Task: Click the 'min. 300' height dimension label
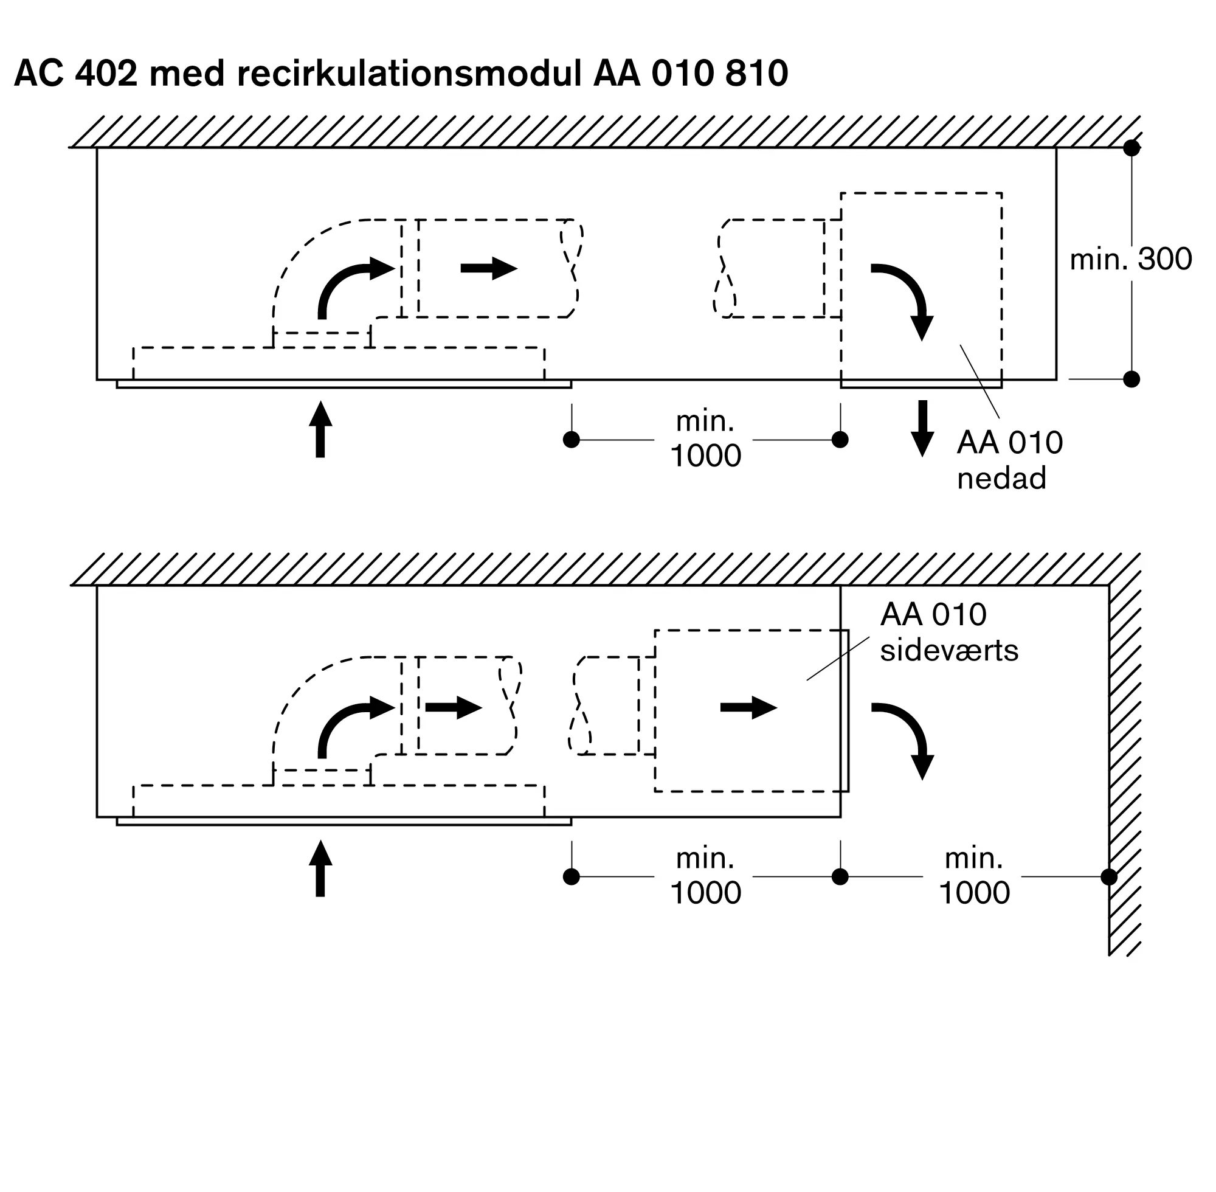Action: pos(1130,259)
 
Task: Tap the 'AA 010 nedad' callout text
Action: pos(1009,460)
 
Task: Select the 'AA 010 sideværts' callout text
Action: pos(948,632)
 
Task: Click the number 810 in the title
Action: pos(756,74)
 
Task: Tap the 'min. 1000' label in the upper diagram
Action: pos(705,439)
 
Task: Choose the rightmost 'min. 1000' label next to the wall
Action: pos(974,876)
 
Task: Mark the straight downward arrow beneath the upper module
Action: pos(922,428)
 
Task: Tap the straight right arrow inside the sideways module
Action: pos(748,707)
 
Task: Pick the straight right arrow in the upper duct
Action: pos(489,269)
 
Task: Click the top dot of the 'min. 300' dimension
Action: pos(1131,148)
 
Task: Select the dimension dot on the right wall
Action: pos(1108,876)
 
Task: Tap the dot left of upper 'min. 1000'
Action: pos(572,440)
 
